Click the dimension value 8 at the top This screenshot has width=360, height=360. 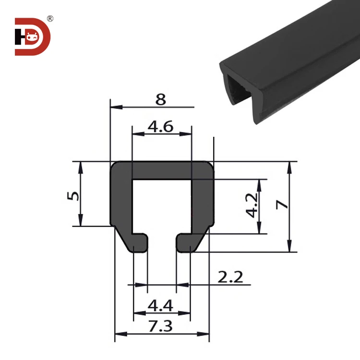(x=161, y=99)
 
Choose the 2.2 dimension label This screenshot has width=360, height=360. (x=230, y=276)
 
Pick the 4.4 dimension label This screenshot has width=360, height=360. (x=161, y=305)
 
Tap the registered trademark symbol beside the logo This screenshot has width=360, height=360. (x=50, y=19)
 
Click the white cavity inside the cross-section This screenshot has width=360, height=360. (x=162, y=206)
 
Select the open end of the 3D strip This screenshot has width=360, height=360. (x=238, y=91)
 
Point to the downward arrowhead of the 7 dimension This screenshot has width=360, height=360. (x=289, y=249)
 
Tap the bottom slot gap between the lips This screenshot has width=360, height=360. (x=162, y=243)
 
